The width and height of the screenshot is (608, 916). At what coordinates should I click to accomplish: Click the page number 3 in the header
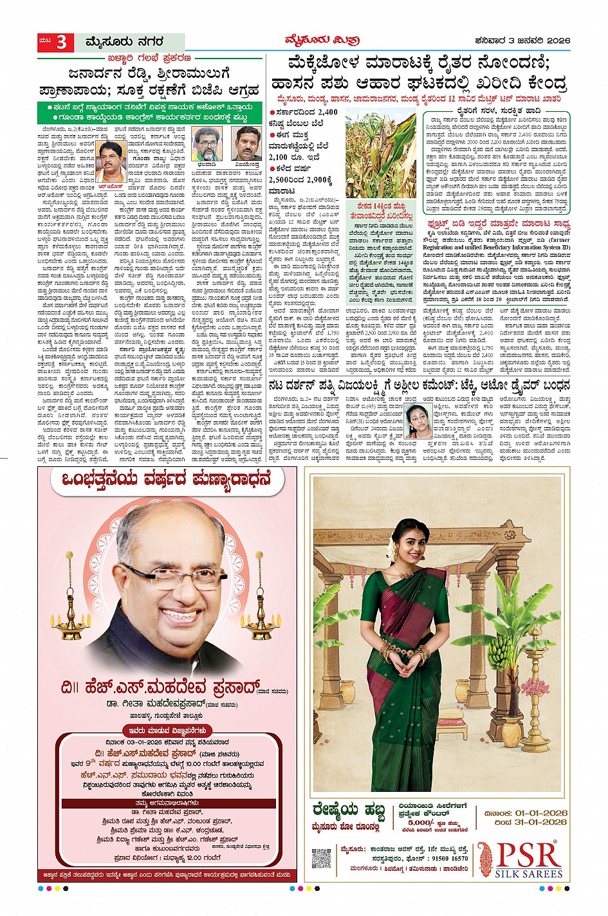coord(62,42)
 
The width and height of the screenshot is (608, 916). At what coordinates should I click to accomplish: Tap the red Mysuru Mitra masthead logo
coord(322,41)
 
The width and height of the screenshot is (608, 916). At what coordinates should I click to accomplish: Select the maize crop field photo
coord(380,154)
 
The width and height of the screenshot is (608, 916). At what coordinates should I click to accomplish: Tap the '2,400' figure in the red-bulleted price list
coord(327,112)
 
